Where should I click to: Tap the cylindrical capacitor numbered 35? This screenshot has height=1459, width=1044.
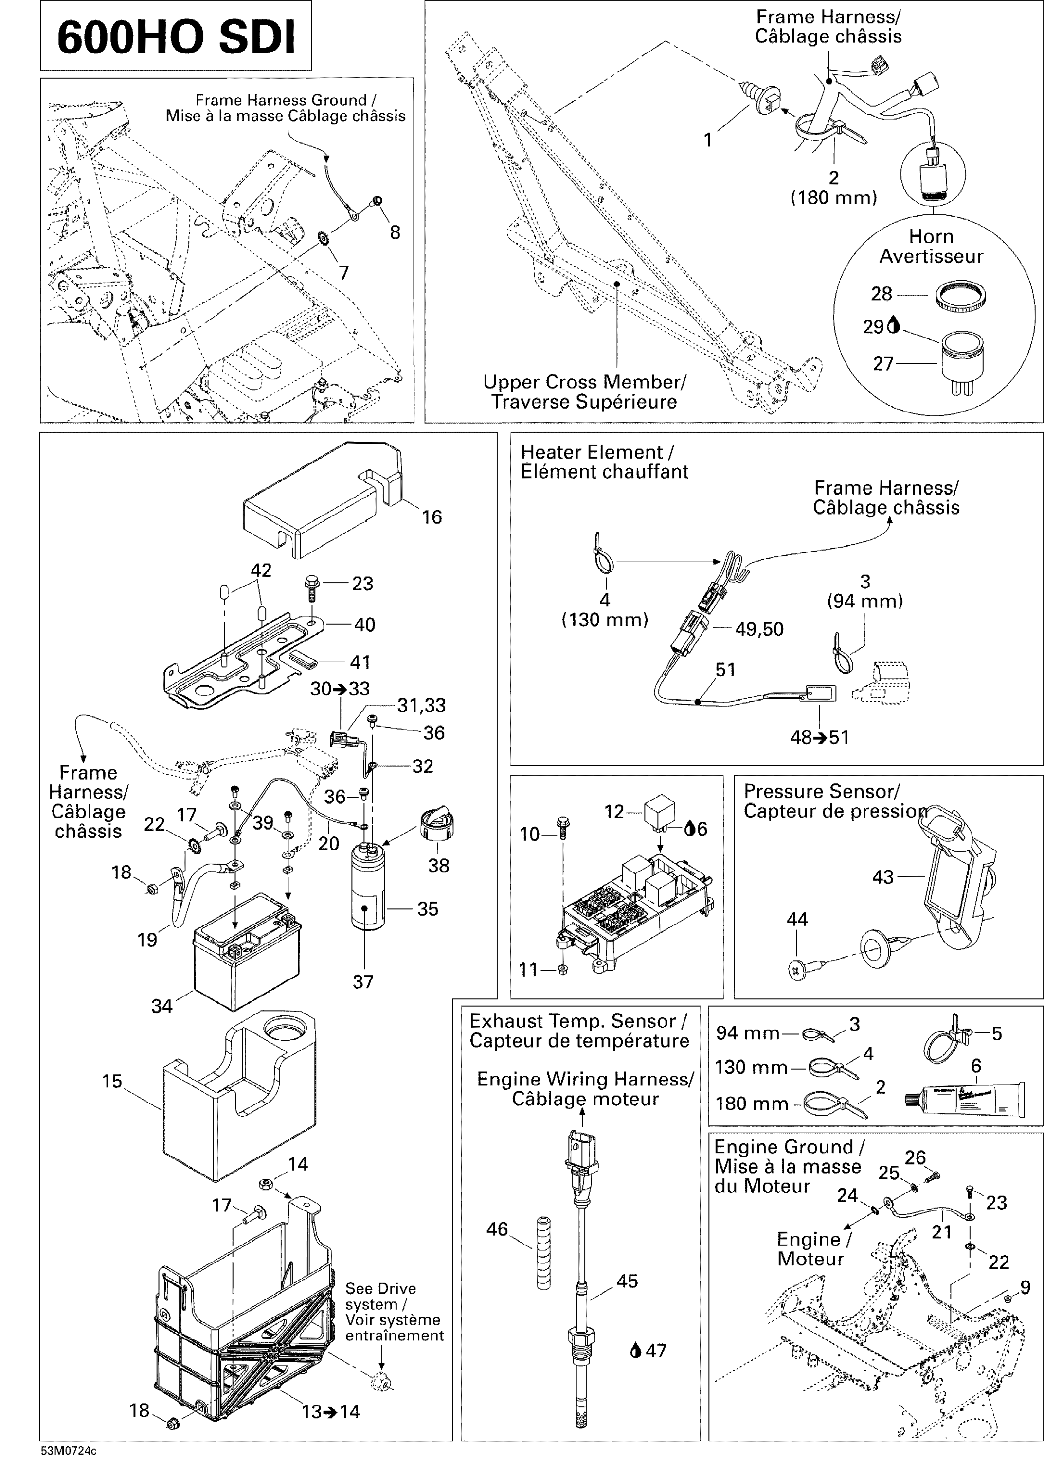click(368, 888)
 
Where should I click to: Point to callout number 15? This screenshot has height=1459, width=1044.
click(112, 1081)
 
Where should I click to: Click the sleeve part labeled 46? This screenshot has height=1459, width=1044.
click(544, 1252)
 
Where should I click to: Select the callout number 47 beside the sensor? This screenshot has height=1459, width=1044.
click(656, 1351)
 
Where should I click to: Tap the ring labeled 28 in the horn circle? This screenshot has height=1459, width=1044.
click(960, 297)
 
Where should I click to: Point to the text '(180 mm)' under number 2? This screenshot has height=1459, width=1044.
click(833, 198)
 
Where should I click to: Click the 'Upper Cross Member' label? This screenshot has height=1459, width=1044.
click(584, 391)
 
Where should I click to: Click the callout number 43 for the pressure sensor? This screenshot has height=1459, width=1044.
click(882, 877)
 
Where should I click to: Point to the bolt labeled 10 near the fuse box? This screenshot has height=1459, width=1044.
click(563, 827)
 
